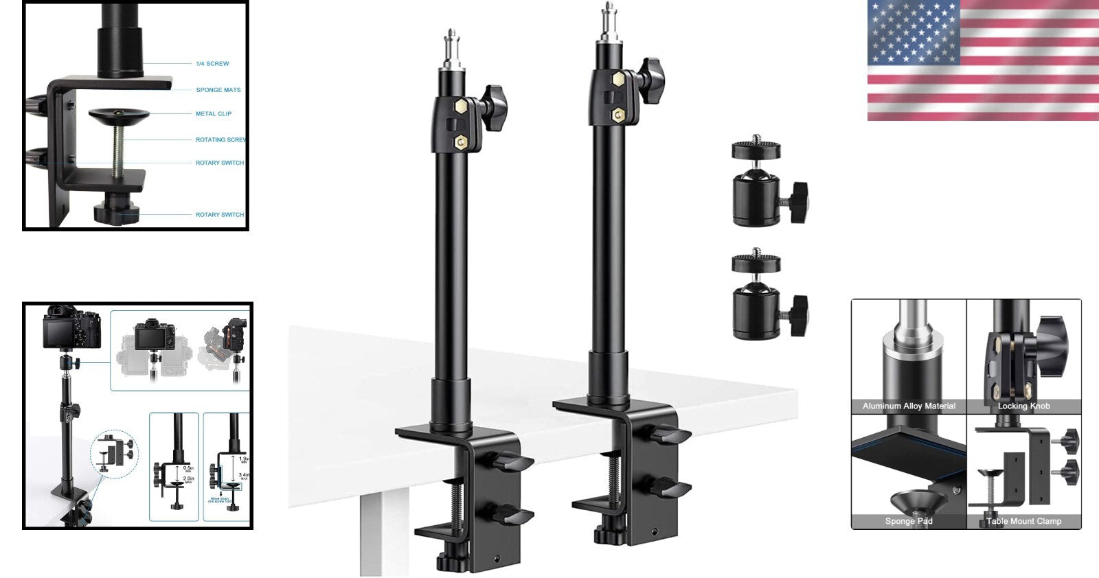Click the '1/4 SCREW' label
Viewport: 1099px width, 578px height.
(x=212, y=64)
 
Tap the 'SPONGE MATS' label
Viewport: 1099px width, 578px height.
(x=218, y=90)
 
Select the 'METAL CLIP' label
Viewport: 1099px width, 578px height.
(x=213, y=114)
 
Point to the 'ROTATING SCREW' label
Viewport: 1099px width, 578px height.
(x=220, y=140)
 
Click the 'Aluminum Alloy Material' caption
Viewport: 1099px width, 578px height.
(x=909, y=406)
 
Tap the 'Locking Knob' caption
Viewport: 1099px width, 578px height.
(x=1023, y=406)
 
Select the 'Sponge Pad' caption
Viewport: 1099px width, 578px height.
(x=909, y=521)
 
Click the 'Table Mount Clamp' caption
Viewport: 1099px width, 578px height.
(x=1023, y=521)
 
